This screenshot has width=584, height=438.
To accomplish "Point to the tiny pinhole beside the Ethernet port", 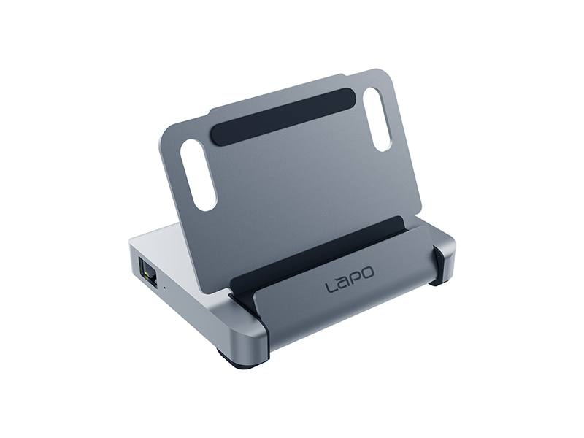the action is (164, 287).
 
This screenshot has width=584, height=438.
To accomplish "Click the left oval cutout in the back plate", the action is (199, 175).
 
